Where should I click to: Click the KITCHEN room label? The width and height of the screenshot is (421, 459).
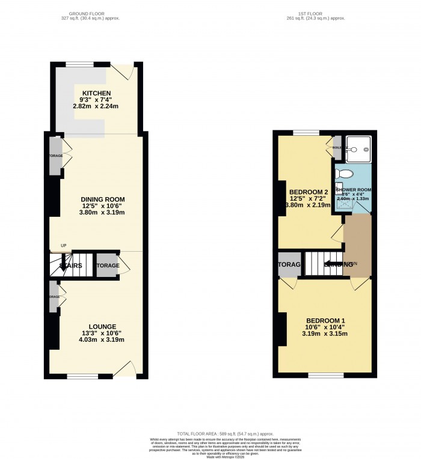[x=96, y=93]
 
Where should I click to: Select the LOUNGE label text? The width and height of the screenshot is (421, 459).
[x=103, y=326]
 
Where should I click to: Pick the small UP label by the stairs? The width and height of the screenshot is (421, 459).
[x=63, y=245]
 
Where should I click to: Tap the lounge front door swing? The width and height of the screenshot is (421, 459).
[x=123, y=368]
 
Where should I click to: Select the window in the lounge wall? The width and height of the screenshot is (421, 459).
[x=82, y=376]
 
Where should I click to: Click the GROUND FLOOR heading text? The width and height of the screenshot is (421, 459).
[x=94, y=13]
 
